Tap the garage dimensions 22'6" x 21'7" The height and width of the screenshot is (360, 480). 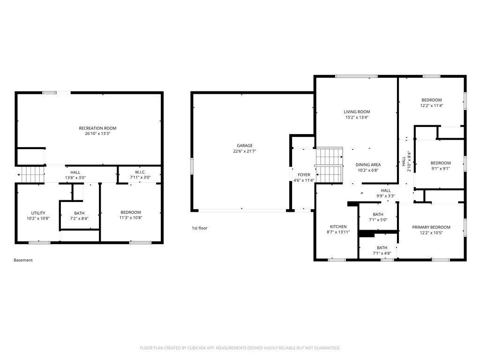[245, 151]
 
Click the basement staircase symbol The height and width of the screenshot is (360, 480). [31, 174]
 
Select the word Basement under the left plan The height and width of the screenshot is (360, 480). [23, 260]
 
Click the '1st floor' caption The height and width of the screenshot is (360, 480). [200, 228]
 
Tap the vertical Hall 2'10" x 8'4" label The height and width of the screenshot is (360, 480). [406, 161]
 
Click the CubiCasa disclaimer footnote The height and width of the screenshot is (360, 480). [240, 348]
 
